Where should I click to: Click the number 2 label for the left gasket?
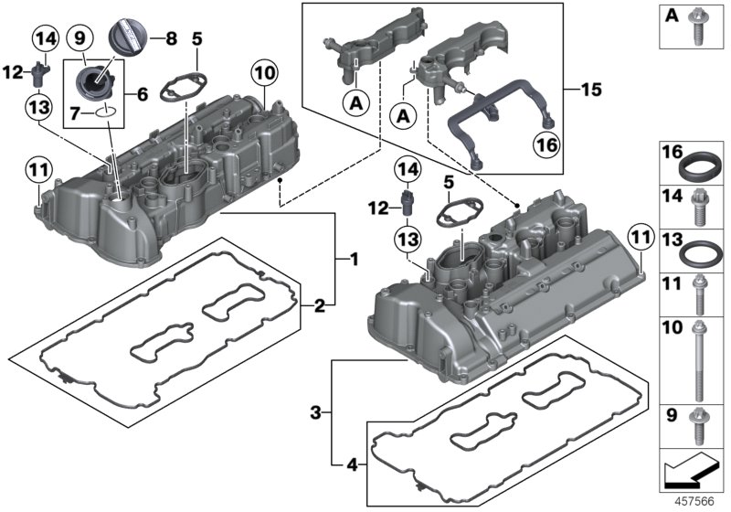tap(319, 304)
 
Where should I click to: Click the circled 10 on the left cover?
tap(263, 71)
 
